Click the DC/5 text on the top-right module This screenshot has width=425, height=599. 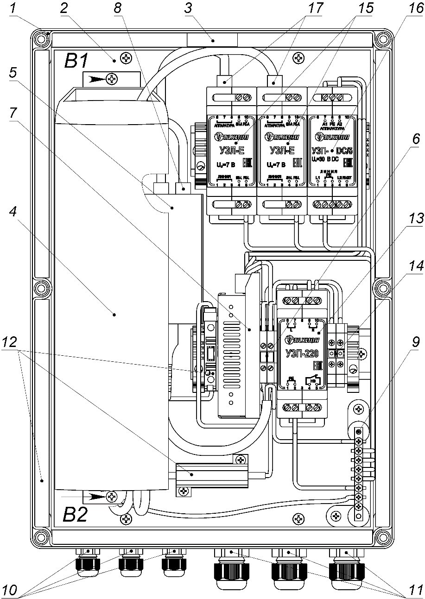(341, 150)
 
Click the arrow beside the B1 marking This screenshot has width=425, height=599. (95, 80)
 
